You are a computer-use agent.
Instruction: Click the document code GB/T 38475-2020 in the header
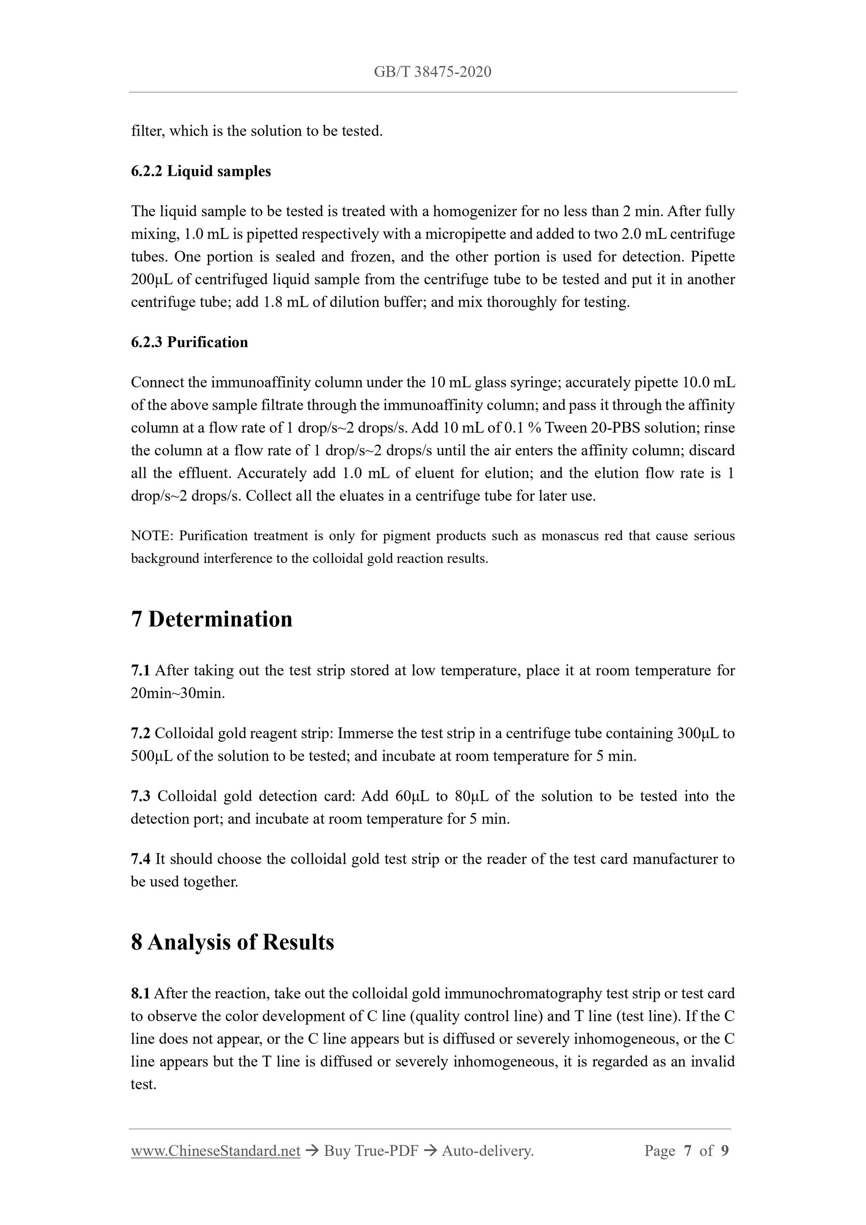tap(432, 72)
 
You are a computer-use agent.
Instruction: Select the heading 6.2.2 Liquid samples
tap(201, 171)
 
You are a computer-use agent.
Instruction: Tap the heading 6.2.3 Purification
tap(190, 342)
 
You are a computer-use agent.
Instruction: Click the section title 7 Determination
tap(212, 619)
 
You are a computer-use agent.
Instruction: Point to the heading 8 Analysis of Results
tap(233, 942)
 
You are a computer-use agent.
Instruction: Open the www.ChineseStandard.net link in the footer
tap(215, 1152)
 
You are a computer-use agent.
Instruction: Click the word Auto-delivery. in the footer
tap(488, 1152)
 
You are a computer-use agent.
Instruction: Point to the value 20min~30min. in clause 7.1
tap(178, 693)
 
